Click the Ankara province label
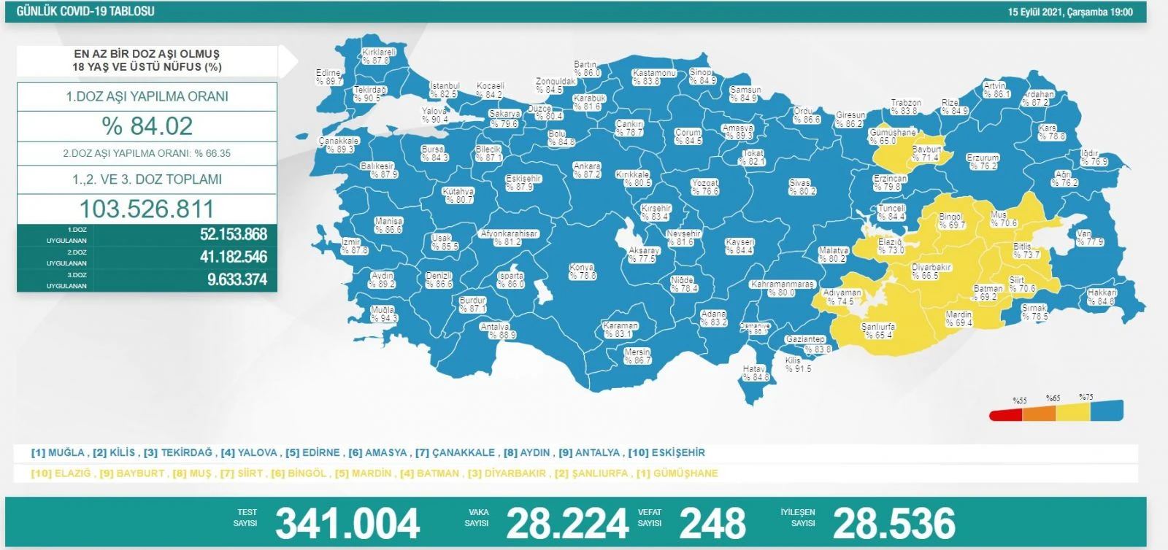(587, 170)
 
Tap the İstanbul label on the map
(444, 90)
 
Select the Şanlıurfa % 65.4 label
(878, 330)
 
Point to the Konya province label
(582, 271)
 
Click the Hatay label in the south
(756, 373)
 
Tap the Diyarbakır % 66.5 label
(931, 271)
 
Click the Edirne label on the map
(328, 77)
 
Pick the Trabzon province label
(905, 106)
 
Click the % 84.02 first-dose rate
(147, 126)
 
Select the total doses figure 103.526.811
(147, 209)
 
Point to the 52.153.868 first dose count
(233, 234)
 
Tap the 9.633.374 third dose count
(237, 279)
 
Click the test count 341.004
(347, 523)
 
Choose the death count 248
(712, 523)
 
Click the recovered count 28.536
(894, 523)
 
